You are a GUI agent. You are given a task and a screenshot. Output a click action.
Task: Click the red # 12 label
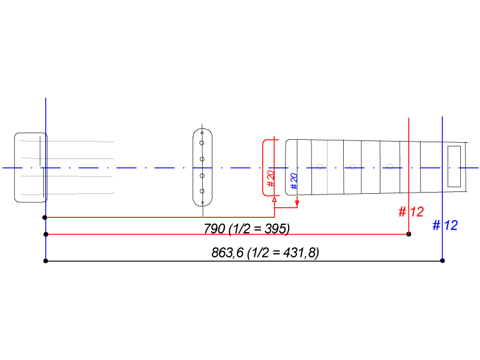tap(411, 212)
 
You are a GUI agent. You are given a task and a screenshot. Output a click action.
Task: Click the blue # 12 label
tap(445, 226)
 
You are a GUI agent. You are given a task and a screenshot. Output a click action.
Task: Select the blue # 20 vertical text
tap(294, 181)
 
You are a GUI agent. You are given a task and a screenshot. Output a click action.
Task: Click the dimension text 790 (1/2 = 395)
tap(247, 228)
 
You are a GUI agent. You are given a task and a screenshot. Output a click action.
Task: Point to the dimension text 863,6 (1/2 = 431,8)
tap(265, 253)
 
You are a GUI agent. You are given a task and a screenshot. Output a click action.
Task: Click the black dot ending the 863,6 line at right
tap(442, 260)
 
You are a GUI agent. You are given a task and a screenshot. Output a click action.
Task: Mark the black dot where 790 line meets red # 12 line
tap(409, 234)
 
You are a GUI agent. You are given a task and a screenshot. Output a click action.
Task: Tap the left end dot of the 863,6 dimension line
tap(46, 260)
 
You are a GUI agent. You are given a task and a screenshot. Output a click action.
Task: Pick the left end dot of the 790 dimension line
tap(46, 234)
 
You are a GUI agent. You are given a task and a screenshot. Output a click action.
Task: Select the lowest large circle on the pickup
tap(203, 191)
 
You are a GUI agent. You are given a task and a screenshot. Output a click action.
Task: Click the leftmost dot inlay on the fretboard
tap(320, 166)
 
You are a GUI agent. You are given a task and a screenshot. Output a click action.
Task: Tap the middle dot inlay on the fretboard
tap(353, 166)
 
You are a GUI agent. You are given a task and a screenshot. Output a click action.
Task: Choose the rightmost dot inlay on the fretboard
tap(391, 166)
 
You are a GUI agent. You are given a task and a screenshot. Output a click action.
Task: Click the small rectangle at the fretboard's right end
tap(454, 166)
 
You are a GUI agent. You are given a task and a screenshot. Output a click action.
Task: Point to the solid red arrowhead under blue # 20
tap(297, 200)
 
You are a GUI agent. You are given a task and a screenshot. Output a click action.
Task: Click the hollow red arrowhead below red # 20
tap(274, 199)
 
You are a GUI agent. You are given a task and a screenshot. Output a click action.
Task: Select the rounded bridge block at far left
tap(31, 167)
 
